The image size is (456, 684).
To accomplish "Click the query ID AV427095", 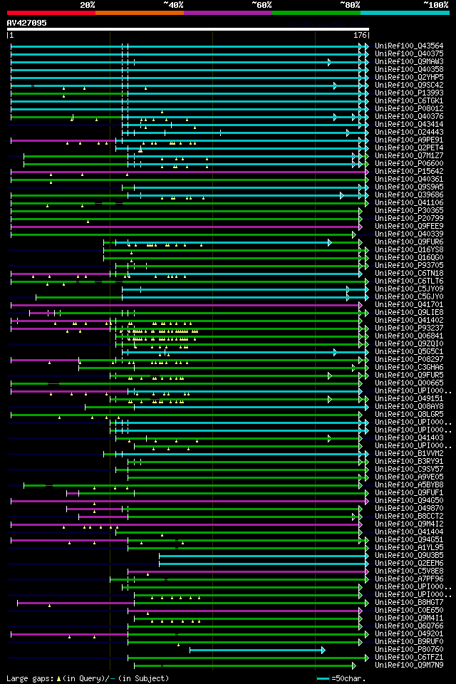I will point(27,23).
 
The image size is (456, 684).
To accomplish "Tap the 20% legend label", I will point(88,4).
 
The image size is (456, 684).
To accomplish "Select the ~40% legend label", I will point(173,4).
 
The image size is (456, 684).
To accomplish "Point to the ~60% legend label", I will point(261,4).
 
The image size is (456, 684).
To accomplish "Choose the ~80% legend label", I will point(350,4).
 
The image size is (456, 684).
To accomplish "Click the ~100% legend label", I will point(436,4).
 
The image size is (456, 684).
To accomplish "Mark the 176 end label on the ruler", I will point(360,34).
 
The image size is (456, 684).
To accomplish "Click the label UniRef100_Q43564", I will point(409,46).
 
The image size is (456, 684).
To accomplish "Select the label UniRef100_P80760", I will point(409,649).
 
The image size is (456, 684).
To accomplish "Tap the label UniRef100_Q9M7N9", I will point(409,665).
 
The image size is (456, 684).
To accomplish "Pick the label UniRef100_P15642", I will point(409,171).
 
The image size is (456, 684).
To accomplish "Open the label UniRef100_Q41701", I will point(409,304).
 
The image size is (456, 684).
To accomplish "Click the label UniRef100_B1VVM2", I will point(409,453).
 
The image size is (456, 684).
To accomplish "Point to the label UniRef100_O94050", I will point(409,500).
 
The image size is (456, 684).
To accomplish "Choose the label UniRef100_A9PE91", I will point(409,140).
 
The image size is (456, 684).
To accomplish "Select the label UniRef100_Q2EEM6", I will point(409,563).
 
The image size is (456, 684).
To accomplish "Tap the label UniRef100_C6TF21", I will point(409,657).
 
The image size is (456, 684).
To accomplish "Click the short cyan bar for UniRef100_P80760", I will point(256,649).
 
